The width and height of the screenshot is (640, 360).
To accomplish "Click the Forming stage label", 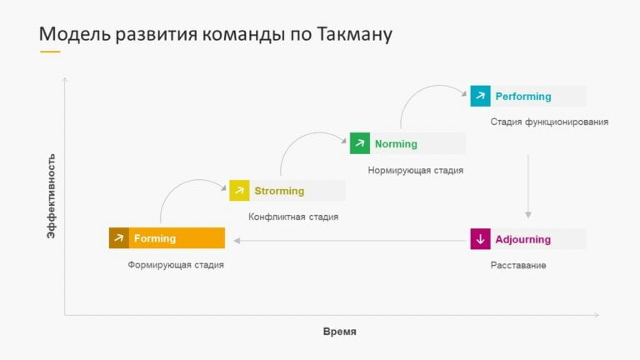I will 155,238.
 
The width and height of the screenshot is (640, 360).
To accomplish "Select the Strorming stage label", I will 279,191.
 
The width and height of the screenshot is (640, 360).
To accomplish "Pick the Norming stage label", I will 396,143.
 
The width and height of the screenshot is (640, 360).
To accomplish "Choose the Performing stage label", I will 523,96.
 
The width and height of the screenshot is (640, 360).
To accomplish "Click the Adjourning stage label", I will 523,239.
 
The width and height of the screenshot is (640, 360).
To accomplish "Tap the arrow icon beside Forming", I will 119,238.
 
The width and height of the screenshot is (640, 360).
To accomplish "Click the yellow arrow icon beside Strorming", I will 239,191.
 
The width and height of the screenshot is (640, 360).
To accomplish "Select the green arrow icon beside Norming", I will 359,143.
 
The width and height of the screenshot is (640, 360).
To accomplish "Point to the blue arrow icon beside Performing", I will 480,96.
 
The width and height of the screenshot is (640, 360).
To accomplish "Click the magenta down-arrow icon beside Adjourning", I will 480,239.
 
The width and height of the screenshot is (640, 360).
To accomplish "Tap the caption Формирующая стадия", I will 176,265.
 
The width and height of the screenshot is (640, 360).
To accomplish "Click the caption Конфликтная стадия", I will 293,217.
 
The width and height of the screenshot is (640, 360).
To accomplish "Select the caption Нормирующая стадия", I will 415,170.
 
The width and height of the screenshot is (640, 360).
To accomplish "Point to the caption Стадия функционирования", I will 549,122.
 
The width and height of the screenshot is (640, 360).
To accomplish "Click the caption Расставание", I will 518,265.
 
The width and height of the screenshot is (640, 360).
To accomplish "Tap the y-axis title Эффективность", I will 52,196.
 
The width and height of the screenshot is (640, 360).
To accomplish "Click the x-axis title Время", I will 339,332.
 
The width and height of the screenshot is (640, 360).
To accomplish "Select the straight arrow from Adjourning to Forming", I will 350,242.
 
